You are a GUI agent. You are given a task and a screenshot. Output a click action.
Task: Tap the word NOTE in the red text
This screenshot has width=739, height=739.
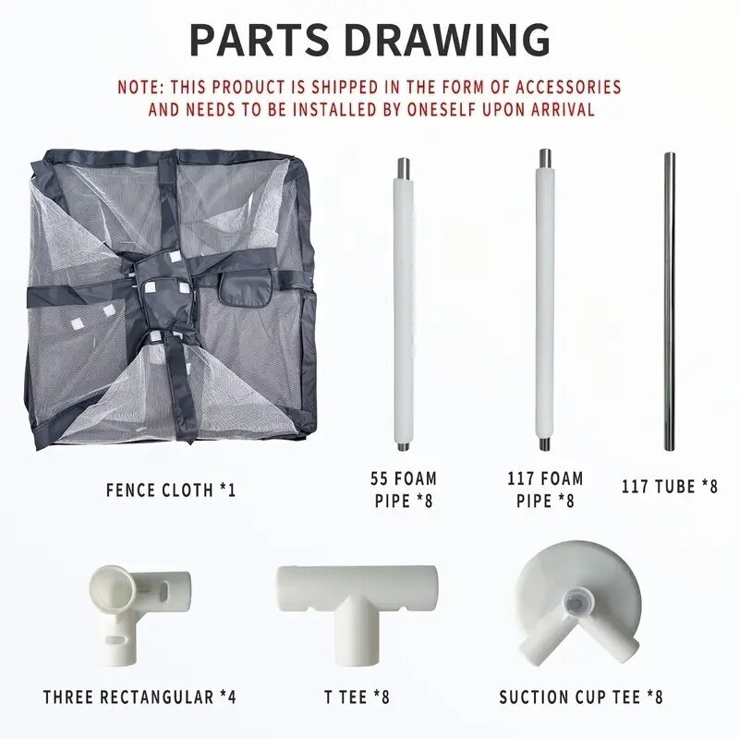[138, 87]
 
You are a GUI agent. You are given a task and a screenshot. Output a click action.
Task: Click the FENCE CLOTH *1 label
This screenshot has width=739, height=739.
[171, 491]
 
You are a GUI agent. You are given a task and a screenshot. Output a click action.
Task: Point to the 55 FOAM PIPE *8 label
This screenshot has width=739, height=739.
[404, 490]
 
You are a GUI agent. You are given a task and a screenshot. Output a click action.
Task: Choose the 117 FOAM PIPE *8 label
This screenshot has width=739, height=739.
[545, 490]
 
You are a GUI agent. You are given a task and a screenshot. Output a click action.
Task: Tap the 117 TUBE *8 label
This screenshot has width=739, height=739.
[669, 487]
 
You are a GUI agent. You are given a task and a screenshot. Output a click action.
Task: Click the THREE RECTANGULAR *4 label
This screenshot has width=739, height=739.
[139, 697]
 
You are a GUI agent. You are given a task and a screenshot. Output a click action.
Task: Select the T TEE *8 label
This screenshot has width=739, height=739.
[357, 697]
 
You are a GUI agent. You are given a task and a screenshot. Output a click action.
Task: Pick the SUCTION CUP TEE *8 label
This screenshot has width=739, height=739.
[581, 697]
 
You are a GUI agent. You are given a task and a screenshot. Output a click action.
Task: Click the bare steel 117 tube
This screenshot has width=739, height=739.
[670, 301]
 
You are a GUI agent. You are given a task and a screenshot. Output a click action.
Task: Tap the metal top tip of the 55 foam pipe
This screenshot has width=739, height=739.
[404, 167]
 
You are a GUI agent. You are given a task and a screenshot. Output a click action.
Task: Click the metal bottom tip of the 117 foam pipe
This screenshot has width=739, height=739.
[545, 443]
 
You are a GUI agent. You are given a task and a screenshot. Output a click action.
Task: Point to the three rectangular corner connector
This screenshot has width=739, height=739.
[140, 614]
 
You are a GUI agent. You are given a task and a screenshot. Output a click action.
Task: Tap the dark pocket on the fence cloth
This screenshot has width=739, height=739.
[245, 288]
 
